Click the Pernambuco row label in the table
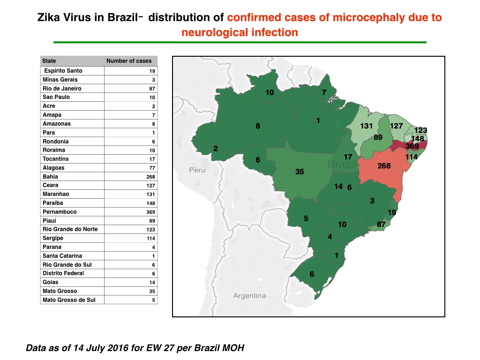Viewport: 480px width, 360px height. coord(60,212)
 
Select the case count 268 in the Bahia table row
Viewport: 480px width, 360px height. coord(150,177)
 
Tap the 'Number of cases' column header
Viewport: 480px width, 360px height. coord(129,61)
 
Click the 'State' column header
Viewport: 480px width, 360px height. coord(49,61)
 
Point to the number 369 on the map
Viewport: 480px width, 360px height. coord(412,146)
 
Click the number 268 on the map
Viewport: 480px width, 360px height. coord(384,166)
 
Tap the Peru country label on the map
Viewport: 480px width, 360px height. coord(197,170)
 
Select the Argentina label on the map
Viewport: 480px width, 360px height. coord(249,296)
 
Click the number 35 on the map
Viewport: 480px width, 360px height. coord(300,172)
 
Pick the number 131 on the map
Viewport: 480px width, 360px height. coord(366,126)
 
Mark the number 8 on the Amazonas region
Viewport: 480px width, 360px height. coord(258,126)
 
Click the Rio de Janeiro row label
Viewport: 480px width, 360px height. coord(62,89)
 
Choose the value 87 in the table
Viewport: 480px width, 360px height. coord(152,89)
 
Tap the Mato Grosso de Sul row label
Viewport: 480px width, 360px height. coord(69,300)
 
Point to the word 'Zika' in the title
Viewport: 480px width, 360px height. coord(49,17)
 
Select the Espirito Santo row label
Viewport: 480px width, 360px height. coord(63,71)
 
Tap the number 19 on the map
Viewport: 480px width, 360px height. coord(392,212)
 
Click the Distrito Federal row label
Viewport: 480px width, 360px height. coord(63,273)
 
